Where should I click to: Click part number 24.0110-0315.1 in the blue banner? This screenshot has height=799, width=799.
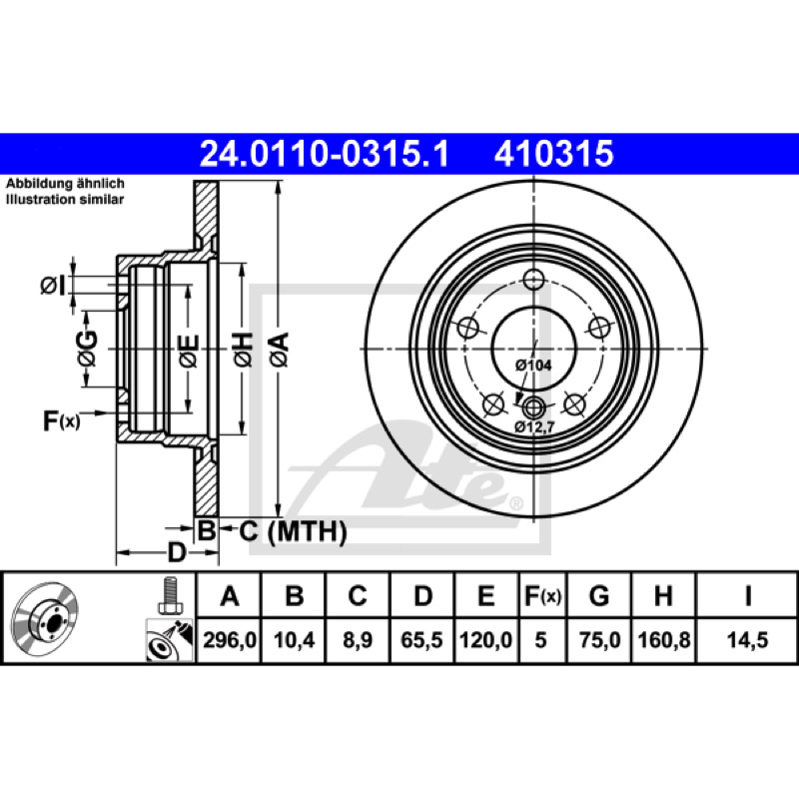coord(324,154)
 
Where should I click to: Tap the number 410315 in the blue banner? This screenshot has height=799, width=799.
coord(554,154)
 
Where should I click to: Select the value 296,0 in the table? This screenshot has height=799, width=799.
coord(230,640)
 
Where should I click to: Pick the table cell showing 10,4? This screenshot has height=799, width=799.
coord(294,640)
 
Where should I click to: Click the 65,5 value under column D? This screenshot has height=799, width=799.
coord(421,640)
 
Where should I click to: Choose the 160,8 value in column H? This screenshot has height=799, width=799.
coord(664,640)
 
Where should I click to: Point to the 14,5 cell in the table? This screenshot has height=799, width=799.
coord(747,640)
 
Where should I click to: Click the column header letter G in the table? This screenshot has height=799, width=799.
coord(599,595)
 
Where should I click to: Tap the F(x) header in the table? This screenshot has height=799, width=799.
coord(542,595)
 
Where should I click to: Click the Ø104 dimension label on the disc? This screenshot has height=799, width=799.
coord(533,365)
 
